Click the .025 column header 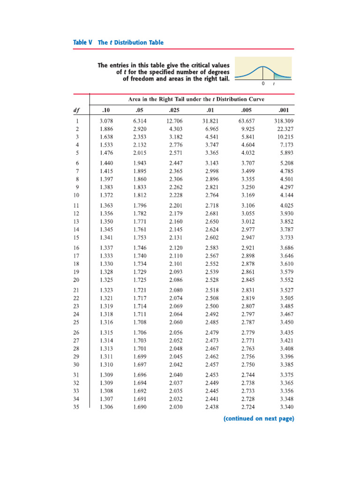tap(175, 111)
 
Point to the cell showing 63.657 tap(247, 121)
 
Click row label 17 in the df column tap(76, 256)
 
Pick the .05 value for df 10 tap(139, 195)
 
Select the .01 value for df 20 tap(212, 280)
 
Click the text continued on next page tap(258, 419)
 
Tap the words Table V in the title tap(83, 43)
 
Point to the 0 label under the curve tap(262, 84)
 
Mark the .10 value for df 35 tap(106, 407)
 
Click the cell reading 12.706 tap(175, 121)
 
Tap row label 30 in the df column tap(76, 365)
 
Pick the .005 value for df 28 tap(248, 349)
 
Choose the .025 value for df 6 tap(175, 163)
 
